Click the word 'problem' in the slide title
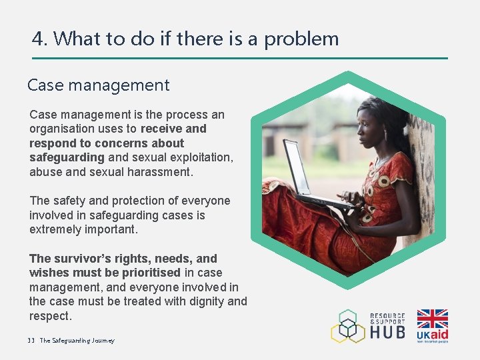(301, 39)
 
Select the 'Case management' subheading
(98, 85)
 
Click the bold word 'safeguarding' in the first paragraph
(67, 157)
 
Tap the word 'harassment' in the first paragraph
(160, 172)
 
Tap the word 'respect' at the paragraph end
(49, 316)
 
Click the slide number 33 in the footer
(31, 341)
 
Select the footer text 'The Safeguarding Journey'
(77, 341)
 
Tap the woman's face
(365, 127)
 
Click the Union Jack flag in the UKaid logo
(432, 319)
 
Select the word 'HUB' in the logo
(387, 331)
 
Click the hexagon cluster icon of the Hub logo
(348, 326)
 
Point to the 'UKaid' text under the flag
(432, 334)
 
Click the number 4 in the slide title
(37, 39)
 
